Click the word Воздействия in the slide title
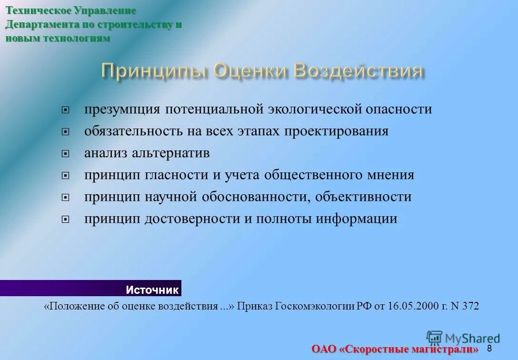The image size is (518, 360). click(x=358, y=71)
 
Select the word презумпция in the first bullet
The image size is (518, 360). click(x=122, y=110)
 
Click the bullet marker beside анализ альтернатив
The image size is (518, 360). click(x=66, y=154)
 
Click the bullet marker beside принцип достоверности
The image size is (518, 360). click(x=66, y=220)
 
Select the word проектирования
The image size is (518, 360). click(x=337, y=131)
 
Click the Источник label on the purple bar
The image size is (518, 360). click(x=152, y=290)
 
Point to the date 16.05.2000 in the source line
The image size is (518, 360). click(x=409, y=306)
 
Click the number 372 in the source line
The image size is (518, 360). click(x=470, y=306)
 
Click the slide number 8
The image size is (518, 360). click(x=489, y=349)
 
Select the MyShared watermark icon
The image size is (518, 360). click(x=434, y=338)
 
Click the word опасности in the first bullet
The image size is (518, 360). click(x=398, y=110)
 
